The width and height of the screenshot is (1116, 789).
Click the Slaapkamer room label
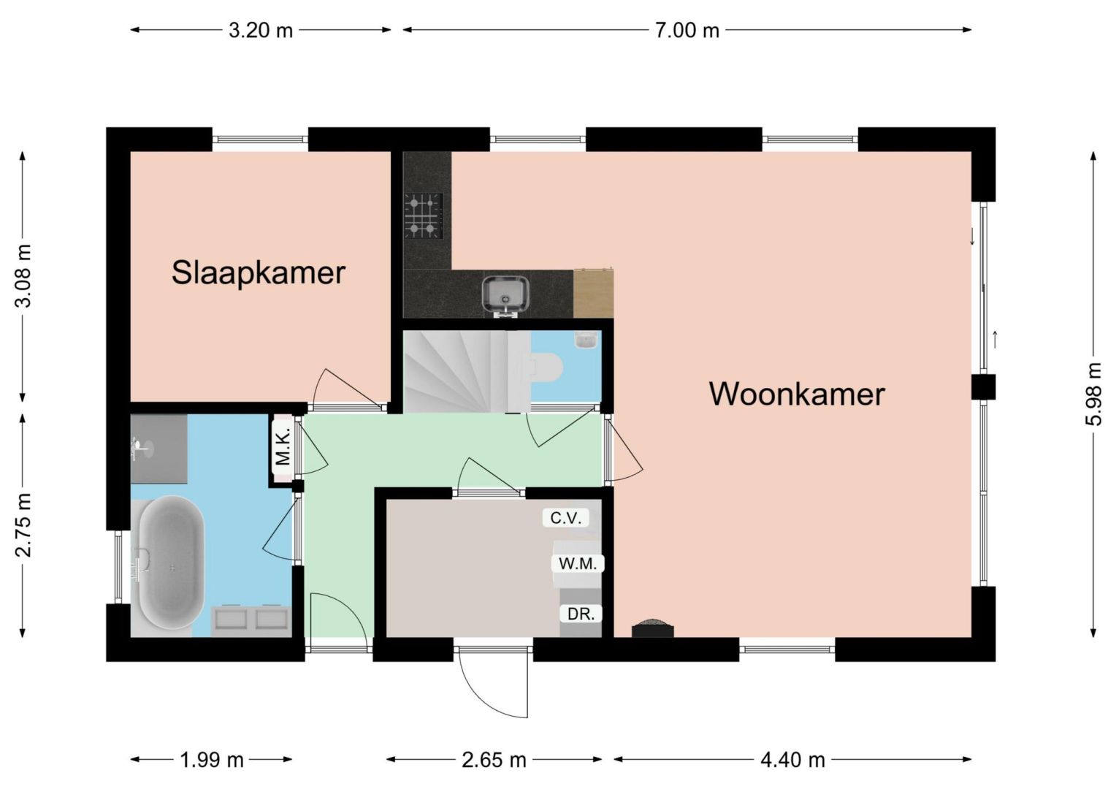259,273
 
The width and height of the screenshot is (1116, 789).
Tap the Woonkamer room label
797,394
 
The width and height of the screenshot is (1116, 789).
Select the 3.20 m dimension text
261,31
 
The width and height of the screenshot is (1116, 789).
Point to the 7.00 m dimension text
687,31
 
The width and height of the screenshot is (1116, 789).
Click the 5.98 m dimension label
1093,394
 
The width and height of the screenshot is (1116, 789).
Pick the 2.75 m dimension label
23,525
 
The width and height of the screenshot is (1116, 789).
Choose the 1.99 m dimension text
211,760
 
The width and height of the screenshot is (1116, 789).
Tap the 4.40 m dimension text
792,760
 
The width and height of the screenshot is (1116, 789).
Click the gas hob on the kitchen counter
424,216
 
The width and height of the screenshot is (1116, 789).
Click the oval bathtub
171,563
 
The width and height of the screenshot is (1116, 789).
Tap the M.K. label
283,448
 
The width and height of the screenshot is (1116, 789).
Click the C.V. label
565,519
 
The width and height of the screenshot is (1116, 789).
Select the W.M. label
578,564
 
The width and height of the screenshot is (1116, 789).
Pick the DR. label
581,614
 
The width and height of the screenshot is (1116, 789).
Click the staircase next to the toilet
467,371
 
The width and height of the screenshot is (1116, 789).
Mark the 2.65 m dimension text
494,760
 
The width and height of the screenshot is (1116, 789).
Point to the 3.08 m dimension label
23,275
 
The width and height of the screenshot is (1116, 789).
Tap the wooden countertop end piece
593,293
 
